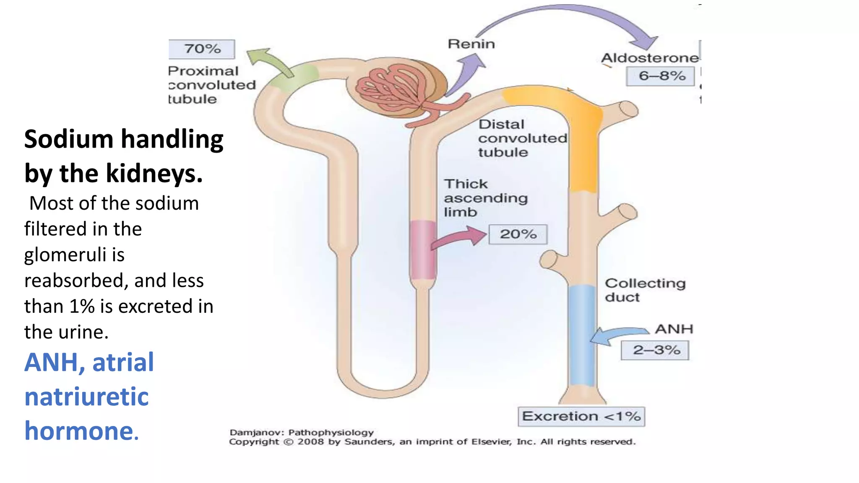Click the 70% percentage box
(x=202, y=49)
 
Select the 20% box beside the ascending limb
(x=518, y=234)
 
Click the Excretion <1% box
(x=581, y=416)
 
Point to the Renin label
(x=471, y=44)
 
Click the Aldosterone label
(x=650, y=58)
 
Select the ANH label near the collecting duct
(x=674, y=329)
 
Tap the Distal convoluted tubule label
(x=522, y=138)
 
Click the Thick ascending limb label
(x=485, y=198)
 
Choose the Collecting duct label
(x=645, y=290)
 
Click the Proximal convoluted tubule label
(x=211, y=85)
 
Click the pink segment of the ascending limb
(x=423, y=250)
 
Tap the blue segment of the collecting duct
(x=582, y=335)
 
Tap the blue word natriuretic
(x=86, y=397)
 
